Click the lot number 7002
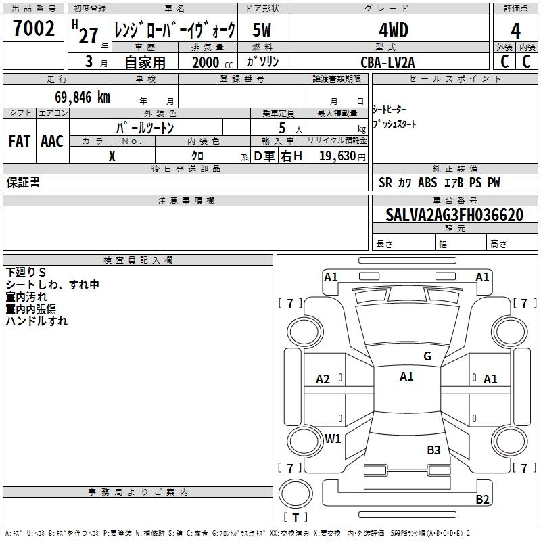point(34,28)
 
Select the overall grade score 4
point(515,30)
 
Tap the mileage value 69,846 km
point(83,97)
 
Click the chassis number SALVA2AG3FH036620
point(454,215)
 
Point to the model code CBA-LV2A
point(387,62)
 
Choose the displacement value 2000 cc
point(212,63)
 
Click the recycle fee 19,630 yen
point(342,156)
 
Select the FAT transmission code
point(20,141)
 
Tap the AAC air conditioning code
point(52,141)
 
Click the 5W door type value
point(262,30)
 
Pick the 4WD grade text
point(394,30)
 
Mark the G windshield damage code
point(427,356)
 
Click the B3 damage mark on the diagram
point(433,450)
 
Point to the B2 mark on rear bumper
point(482,499)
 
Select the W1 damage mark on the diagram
point(333,438)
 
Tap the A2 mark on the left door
point(323,379)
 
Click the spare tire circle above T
point(296,494)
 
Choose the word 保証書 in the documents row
point(23,183)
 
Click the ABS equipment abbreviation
point(427,183)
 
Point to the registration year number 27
point(89,36)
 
